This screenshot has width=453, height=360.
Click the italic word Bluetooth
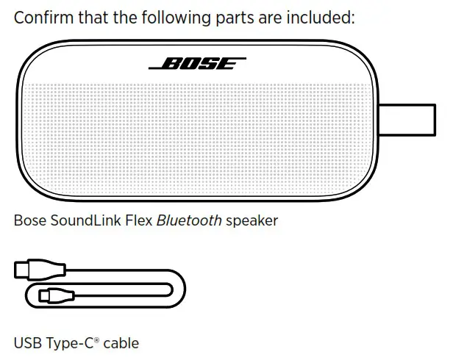pos(188,220)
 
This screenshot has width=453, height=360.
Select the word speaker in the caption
pos(252,220)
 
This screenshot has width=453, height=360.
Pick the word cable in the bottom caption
pos(121,342)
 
